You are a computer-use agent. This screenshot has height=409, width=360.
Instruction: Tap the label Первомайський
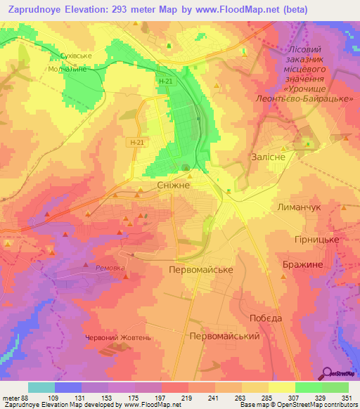tap(225, 337)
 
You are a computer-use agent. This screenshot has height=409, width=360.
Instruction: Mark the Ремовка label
tap(109, 268)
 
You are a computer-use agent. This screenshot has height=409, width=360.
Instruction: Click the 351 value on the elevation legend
tap(346, 398)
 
